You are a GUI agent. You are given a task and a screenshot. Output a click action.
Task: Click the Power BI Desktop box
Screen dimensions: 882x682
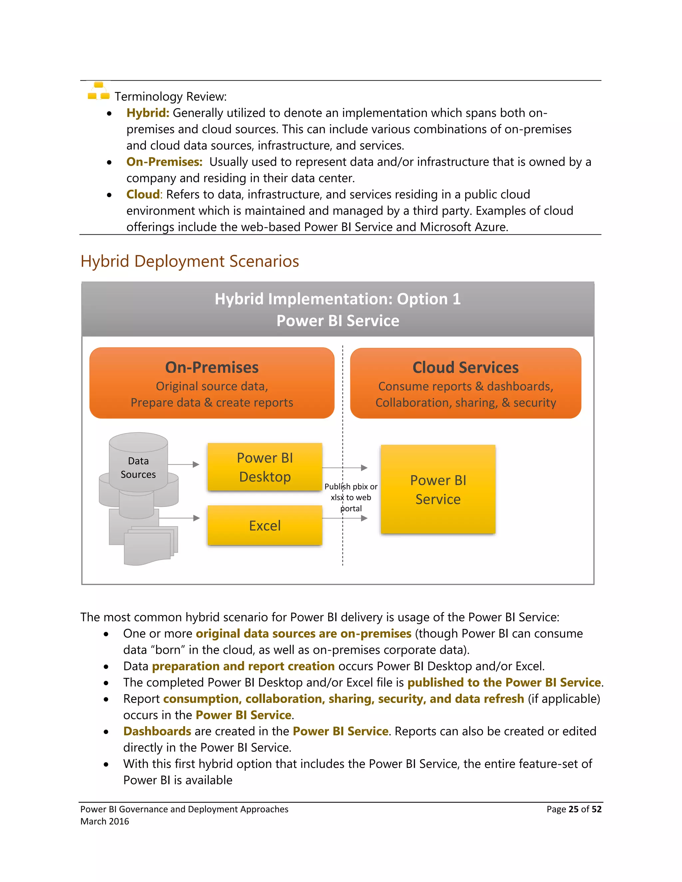[x=265, y=467]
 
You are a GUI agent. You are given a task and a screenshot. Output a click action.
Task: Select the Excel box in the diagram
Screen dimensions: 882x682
[x=265, y=526]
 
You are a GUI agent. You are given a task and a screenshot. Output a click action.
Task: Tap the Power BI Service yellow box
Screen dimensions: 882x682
[x=438, y=490]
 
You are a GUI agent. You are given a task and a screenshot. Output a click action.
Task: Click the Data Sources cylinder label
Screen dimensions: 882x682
[x=138, y=468]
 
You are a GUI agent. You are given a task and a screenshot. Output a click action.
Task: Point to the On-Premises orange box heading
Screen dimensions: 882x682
[x=212, y=367]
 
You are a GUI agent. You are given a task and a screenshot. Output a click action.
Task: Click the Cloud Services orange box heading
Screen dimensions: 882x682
[x=466, y=367]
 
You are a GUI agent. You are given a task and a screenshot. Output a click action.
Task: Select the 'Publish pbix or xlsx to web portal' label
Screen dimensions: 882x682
[x=351, y=497]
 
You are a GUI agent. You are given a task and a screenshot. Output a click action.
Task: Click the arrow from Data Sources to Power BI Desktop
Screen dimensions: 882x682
[x=183, y=464]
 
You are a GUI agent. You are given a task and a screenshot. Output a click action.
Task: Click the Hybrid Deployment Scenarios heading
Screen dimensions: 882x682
[x=189, y=261]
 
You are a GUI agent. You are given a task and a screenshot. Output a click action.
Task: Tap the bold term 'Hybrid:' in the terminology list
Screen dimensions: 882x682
[x=148, y=113]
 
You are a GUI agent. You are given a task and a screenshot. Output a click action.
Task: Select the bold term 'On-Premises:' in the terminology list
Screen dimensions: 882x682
[x=164, y=162]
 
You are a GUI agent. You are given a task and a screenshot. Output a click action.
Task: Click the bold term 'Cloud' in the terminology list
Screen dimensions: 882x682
[x=143, y=195]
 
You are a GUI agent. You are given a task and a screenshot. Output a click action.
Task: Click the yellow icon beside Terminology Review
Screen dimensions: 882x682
[x=99, y=92]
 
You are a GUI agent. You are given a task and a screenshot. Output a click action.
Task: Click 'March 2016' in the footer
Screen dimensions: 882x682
[x=105, y=821]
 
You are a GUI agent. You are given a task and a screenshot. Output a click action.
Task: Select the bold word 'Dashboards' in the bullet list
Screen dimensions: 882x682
[x=157, y=731]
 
